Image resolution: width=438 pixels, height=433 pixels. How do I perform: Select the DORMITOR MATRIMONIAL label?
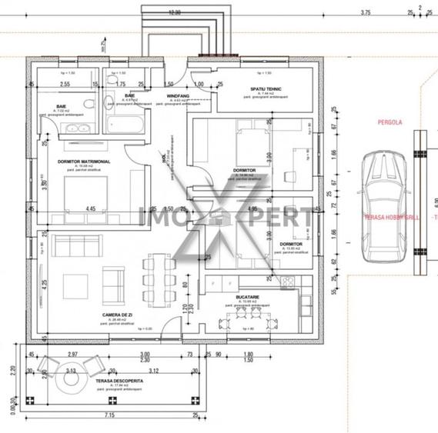(x=85, y=162)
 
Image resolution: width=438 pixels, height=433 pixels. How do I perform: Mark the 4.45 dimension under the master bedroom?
(x=91, y=208)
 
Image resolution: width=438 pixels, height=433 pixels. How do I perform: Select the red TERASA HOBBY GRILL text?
(x=393, y=217)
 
